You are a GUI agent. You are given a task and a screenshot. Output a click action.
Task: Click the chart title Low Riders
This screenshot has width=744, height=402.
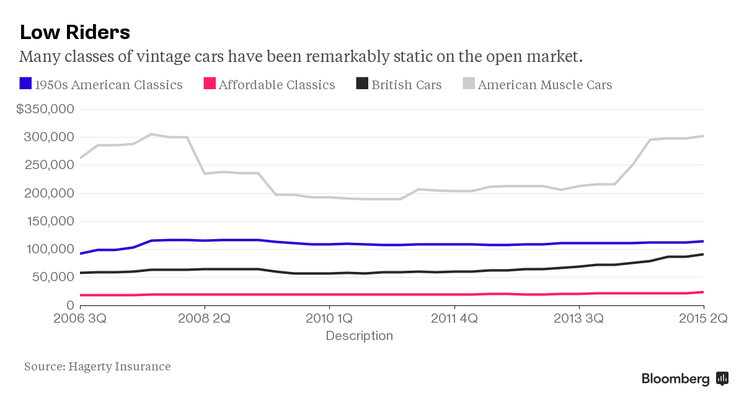pos(74,32)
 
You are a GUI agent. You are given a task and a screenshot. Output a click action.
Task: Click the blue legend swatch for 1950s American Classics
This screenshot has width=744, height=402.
pos(25,84)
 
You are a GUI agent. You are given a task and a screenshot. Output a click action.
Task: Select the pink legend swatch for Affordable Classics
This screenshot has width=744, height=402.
pos(210,84)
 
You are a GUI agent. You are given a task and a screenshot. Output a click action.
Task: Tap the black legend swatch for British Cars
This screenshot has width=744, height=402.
pos(362,84)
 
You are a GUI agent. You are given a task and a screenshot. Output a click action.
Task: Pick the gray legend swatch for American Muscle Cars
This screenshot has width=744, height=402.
pos(469,84)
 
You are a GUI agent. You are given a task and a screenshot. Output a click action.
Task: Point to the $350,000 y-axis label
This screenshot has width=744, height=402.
pos(45,109)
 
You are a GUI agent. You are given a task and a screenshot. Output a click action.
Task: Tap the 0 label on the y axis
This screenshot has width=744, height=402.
pos(70,305)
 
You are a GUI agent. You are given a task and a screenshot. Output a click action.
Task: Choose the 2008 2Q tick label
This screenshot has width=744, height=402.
pos(205,319)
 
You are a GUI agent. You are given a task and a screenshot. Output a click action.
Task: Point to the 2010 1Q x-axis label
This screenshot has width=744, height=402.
pos(330,319)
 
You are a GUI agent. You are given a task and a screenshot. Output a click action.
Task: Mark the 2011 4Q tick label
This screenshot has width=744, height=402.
pos(454,319)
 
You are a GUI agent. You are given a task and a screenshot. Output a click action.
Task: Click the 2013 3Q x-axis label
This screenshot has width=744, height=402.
pos(579,319)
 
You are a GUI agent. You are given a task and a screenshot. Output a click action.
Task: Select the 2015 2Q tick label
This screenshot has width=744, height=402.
pos(702,319)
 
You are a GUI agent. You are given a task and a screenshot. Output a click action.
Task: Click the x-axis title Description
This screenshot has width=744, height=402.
pos(359,336)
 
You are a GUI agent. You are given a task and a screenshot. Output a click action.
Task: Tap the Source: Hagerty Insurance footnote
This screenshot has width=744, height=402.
pos(97,366)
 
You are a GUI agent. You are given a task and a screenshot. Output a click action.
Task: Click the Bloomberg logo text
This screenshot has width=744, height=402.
pos(675,379)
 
